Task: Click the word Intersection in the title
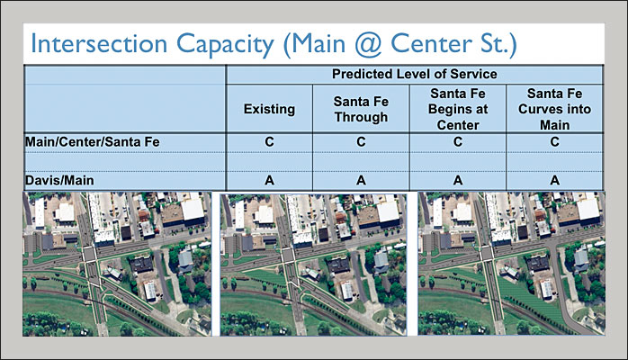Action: click(99, 43)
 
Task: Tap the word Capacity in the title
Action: click(226, 45)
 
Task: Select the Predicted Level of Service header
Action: click(415, 74)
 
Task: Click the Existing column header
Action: click(269, 109)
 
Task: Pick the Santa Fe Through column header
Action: click(361, 109)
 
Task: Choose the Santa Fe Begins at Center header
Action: click(458, 109)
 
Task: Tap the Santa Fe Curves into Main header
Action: click(555, 109)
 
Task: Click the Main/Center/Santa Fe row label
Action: click(92, 142)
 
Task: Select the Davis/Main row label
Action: click(59, 180)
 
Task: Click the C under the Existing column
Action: click(269, 142)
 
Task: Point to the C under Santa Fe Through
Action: click(361, 142)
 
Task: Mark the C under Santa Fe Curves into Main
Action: click(555, 142)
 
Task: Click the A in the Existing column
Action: click(269, 180)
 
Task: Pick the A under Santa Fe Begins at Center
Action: click(458, 180)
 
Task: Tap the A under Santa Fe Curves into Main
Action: click(555, 180)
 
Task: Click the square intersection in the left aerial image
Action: click(89, 255)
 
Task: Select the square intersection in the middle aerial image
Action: click(287, 255)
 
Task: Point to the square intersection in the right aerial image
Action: click(487, 253)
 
